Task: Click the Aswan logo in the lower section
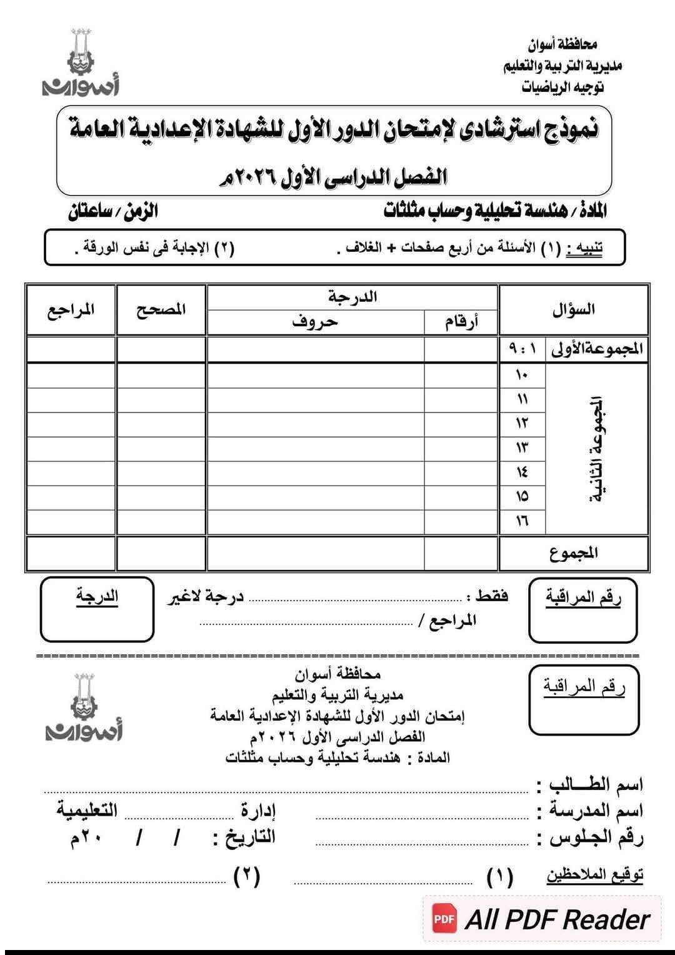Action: tap(84, 706)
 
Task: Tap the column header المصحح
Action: tap(161, 309)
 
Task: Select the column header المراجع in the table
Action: tap(71, 309)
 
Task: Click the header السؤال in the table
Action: tap(573, 309)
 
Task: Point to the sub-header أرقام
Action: tap(461, 322)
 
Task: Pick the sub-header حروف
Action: tap(315, 322)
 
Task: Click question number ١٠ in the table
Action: tap(522, 375)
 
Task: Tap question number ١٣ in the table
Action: tap(522, 447)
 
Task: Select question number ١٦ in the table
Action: tap(522, 520)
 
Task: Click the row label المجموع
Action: tap(573, 552)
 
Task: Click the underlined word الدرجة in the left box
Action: tap(97, 596)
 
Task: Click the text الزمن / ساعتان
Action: tap(113, 211)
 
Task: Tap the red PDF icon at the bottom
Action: tap(444, 919)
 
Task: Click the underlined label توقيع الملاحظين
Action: tap(594, 875)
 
